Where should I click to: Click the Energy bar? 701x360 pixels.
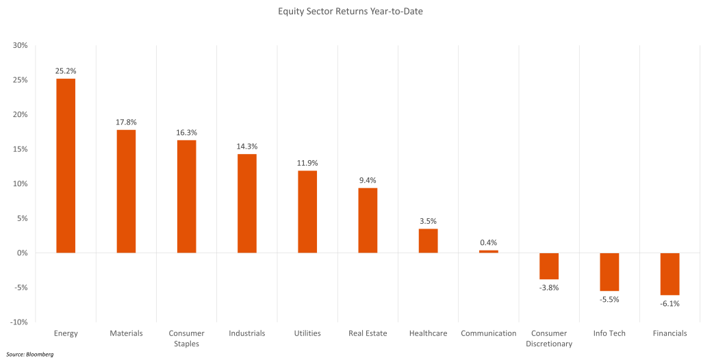[x=66, y=166]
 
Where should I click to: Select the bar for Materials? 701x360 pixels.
[x=126, y=191]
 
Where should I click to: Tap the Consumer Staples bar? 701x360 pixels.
[x=186, y=196]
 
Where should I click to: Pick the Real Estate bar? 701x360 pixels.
[x=368, y=220]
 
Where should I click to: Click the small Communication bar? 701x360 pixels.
[x=489, y=252]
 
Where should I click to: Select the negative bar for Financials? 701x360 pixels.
[x=670, y=274]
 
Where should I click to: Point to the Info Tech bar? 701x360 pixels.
[x=609, y=272]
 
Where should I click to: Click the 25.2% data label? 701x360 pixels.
[x=66, y=70]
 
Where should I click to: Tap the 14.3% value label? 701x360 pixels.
[x=247, y=146]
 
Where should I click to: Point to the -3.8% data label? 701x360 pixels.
[x=549, y=287]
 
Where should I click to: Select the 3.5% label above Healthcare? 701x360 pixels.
[x=428, y=221]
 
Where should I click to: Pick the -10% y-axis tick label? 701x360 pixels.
[x=18, y=322]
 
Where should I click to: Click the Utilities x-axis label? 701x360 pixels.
[x=307, y=333]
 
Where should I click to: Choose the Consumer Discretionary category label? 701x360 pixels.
[x=549, y=338]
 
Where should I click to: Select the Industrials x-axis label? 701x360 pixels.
[x=247, y=333]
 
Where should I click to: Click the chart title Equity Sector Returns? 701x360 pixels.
[x=350, y=11]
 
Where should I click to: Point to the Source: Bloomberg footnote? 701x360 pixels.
[x=30, y=355]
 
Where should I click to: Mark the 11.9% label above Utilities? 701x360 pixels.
[x=307, y=163]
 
